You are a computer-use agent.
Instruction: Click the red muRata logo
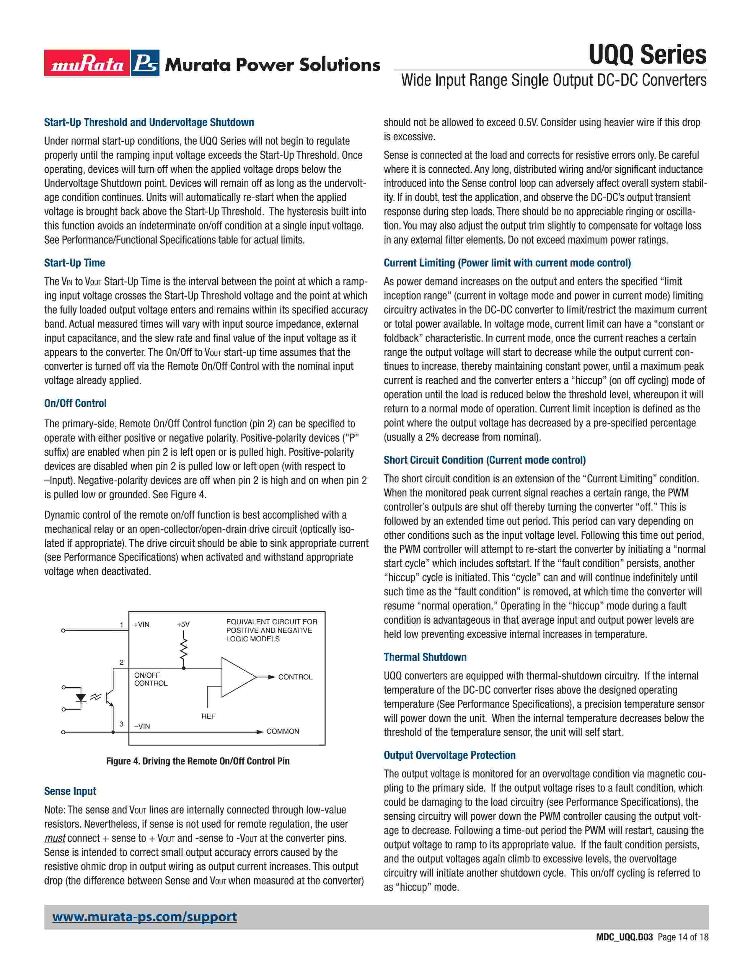87,63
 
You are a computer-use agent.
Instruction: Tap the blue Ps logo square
145,63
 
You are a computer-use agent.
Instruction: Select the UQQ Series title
647,55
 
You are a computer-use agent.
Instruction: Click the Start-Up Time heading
74,263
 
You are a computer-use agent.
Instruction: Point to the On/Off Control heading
75,403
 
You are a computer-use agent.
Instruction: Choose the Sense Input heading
70,791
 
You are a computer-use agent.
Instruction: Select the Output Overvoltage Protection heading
449,755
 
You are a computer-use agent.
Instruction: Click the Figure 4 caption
198,761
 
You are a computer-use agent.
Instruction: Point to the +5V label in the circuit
183,624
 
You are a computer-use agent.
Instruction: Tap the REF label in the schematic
208,716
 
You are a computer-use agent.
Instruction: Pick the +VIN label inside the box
141,624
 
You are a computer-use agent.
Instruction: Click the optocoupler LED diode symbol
81,697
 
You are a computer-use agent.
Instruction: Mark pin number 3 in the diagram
121,724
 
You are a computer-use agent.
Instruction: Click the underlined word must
55,838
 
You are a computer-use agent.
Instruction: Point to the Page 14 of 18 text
682,950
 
